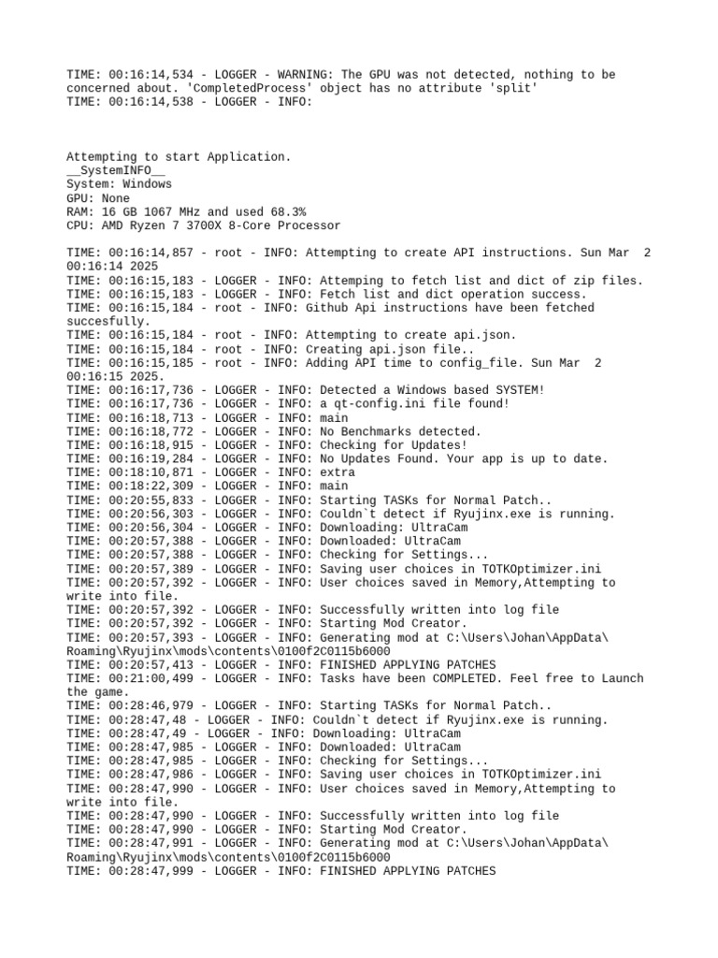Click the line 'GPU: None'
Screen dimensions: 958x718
[98, 198]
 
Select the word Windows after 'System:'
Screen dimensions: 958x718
[147, 184]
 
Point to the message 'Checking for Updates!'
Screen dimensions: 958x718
[393, 444]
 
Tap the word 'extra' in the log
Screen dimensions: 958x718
[337, 472]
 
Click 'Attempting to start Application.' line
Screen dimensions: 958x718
[179, 157]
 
